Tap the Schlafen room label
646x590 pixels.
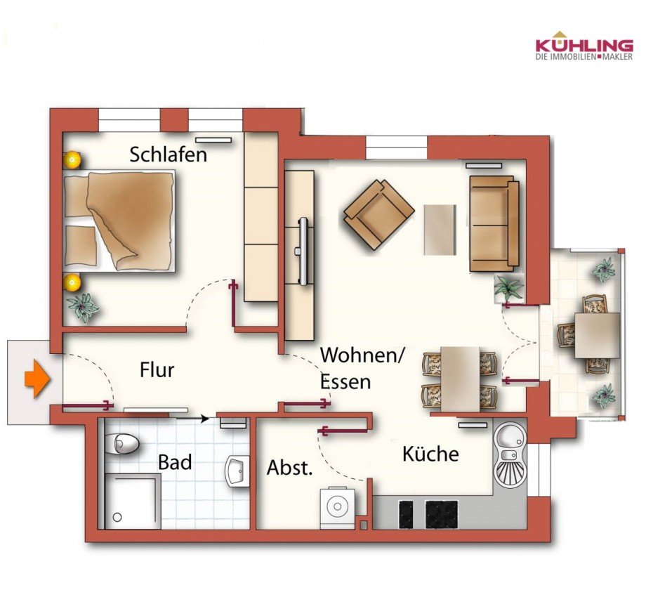(169, 155)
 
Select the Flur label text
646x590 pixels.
(157, 369)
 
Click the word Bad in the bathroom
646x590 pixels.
(175, 462)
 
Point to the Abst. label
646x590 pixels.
(289, 468)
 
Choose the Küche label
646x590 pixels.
(430, 454)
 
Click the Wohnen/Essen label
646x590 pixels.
(362, 368)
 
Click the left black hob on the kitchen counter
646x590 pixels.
(407, 514)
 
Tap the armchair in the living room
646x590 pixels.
(378, 214)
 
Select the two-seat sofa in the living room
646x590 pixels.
(494, 223)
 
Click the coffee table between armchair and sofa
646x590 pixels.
(440, 229)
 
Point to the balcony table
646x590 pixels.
(596, 335)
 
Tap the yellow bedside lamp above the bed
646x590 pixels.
(72, 160)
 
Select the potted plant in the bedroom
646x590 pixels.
(84, 307)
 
